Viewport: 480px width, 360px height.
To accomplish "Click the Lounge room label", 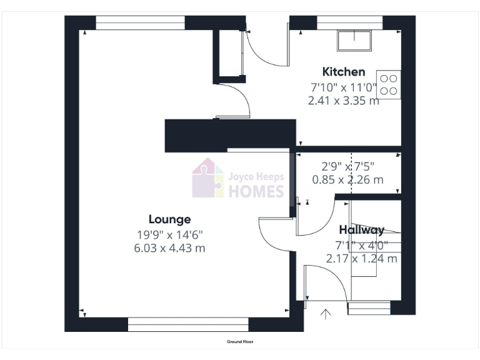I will pyautogui.click(x=169, y=219).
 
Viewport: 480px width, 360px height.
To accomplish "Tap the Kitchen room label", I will pyautogui.click(x=343, y=71).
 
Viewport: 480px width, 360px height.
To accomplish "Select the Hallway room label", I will pyautogui.click(x=361, y=230).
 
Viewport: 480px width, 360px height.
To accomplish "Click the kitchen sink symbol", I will pyautogui.click(x=354, y=41).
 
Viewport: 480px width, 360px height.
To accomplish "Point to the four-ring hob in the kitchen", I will pyautogui.click(x=388, y=85).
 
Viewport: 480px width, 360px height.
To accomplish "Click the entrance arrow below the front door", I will pyautogui.click(x=326, y=313).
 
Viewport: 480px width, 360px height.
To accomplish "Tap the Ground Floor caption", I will pyautogui.click(x=240, y=342).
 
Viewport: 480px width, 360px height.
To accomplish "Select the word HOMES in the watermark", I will pyautogui.click(x=256, y=191).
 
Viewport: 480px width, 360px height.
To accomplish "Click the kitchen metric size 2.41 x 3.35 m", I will pyautogui.click(x=343, y=100).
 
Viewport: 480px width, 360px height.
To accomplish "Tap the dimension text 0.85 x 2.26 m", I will pyautogui.click(x=347, y=180).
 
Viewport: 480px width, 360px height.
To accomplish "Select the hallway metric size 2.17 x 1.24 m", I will pyautogui.click(x=361, y=258).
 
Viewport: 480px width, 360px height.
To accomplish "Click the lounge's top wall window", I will pyautogui.click(x=140, y=23).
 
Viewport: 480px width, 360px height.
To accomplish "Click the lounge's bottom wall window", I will pyautogui.click(x=188, y=324).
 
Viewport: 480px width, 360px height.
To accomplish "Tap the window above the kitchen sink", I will pyautogui.click(x=349, y=23).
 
